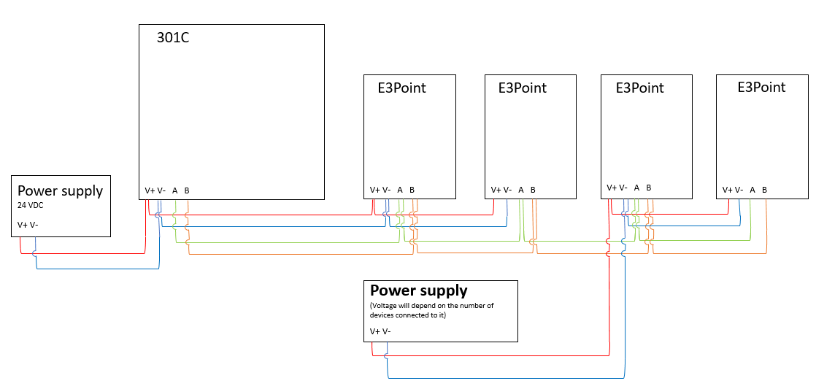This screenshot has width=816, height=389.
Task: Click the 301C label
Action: [x=173, y=38]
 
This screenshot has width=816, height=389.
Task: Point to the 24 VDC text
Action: [x=31, y=206]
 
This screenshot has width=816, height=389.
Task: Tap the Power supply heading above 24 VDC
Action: [x=60, y=190]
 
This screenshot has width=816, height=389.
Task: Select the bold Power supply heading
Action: [x=419, y=290]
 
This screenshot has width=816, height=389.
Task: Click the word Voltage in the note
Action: [x=386, y=306]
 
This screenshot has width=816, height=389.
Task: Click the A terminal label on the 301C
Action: [x=175, y=190]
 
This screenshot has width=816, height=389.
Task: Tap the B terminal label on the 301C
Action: [x=187, y=190]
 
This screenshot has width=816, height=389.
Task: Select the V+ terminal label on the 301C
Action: [x=150, y=190]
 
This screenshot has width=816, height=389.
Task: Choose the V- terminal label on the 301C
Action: [x=161, y=190]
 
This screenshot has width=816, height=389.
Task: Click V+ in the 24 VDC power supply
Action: [x=22, y=225]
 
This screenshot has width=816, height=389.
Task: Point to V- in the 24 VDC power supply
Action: [x=34, y=225]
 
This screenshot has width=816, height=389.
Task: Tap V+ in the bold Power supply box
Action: [x=374, y=331]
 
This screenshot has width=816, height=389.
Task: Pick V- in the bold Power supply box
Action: [x=386, y=331]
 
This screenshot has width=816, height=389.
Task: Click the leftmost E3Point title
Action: [x=401, y=88]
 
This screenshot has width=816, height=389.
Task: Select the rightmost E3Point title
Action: [x=761, y=88]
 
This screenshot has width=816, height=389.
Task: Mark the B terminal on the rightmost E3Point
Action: [x=765, y=190]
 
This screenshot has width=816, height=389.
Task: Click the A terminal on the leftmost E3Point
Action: [x=400, y=190]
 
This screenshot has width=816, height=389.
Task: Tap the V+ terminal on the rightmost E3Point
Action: [x=728, y=190]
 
